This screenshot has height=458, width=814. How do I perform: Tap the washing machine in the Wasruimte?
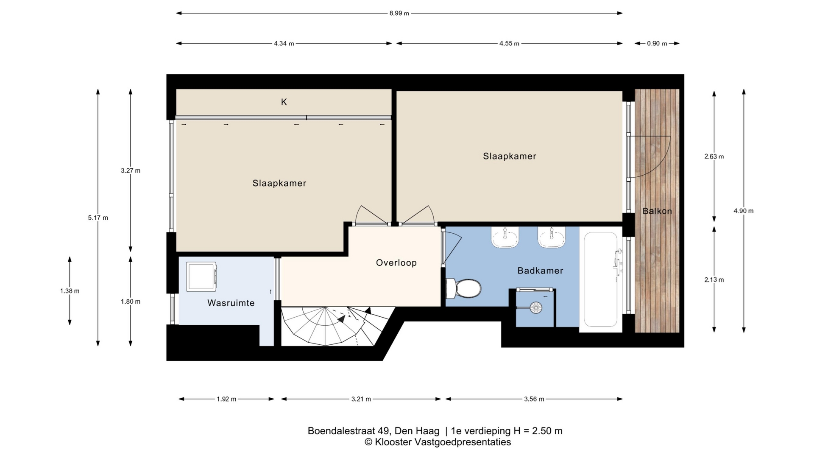pyautogui.click(x=201, y=277)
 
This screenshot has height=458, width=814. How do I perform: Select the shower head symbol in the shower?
pyautogui.click(x=536, y=308)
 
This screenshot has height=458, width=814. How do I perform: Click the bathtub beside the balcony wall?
pyautogui.click(x=601, y=279)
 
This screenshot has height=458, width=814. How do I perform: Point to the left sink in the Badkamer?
pyautogui.click(x=505, y=238)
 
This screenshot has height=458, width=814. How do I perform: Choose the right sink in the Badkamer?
pyautogui.click(x=552, y=238)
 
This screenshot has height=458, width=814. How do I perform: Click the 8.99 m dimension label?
pyautogui.click(x=399, y=13)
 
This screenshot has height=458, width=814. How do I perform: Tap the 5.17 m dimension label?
pyautogui.click(x=98, y=218)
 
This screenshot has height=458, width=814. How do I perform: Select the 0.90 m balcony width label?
pyautogui.click(x=657, y=43)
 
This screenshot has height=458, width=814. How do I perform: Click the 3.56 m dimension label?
pyautogui.click(x=534, y=399)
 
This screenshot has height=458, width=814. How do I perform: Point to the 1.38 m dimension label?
pyautogui.click(x=70, y=291)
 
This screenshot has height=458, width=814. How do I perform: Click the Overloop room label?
pyautogui.click(x=396, y=263)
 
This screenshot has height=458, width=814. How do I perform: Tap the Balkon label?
pyautogui.click(x=657, y=211)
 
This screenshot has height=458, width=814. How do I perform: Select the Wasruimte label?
pyautogui.click(x=231, y=303)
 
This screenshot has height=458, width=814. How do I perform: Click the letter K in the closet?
pyautogui.click(x=284, y=102)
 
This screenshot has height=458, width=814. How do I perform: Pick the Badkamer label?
pyautogui.click(x=541, y=271)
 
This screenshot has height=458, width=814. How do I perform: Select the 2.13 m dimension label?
pyautogui.click(x=714, y=280)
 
